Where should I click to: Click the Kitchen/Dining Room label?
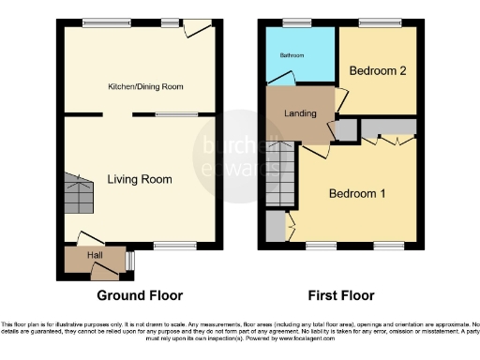[142, 86]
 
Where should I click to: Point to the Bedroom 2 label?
[377, 70]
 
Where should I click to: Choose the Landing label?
[302, 114]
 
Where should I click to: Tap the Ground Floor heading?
[141, 294]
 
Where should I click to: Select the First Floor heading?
[341, 294]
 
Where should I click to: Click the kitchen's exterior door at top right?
[195, 30]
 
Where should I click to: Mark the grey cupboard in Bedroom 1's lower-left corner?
[275, 225]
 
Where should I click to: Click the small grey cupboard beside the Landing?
[345, 129]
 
